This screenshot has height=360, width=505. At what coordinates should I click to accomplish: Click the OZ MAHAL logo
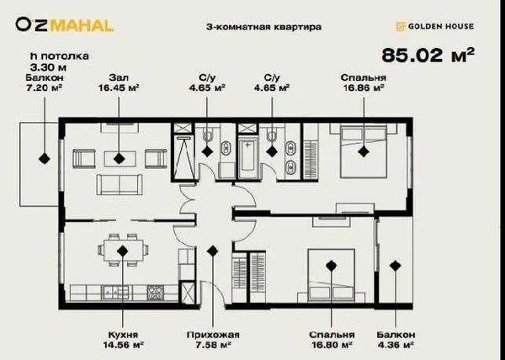pos(65,25)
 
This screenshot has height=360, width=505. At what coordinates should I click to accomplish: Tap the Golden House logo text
pos(440,26)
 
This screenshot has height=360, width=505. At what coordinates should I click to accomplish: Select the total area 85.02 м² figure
pos(428,55)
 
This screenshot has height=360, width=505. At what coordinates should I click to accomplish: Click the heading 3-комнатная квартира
pos(263,27)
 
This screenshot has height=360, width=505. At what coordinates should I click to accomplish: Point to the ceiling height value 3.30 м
pos(48,67)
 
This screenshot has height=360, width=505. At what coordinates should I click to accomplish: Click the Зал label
pos(119,77)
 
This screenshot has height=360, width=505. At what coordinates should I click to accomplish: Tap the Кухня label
pos(123,335)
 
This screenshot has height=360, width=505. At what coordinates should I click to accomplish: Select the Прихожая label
pos(213,335)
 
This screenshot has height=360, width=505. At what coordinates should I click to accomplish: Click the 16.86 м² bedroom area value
pos(364,87)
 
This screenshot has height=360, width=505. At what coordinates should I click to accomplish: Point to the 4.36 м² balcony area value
pos(396,345)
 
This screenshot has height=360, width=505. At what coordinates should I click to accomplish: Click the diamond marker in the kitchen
pos(122,251)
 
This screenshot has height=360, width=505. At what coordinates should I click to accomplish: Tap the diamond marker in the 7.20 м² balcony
pos(44,158)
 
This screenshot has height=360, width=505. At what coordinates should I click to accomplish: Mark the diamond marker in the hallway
pos(212,251)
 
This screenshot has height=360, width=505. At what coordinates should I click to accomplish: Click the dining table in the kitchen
pos(123,250)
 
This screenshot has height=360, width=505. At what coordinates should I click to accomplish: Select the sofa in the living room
pos(120,185)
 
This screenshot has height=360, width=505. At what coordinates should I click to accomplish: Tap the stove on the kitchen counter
pos(156,292)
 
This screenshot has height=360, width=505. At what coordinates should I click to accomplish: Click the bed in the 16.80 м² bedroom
pos(332,275)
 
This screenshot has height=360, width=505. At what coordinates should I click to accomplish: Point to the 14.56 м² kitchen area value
pos(123,345)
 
